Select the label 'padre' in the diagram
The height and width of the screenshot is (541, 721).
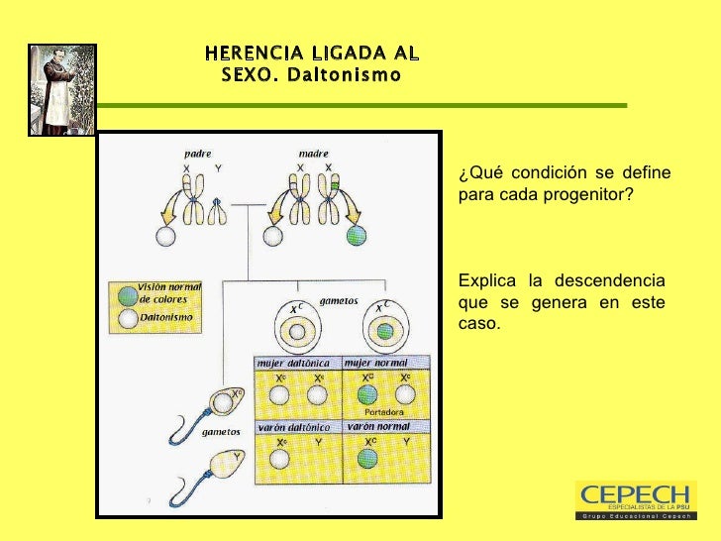(x=198, y=155)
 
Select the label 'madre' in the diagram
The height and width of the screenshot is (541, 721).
(x=313, y=155)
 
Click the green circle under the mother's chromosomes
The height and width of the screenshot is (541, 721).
(x=357, y=236)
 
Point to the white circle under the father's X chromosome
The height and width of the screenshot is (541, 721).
(x=165, y=236)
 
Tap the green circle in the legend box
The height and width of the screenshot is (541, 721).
(x=127, y=295)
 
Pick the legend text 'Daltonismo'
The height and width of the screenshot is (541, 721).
(x=165, y=317)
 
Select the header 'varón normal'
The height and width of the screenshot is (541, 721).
(x=378, y=426)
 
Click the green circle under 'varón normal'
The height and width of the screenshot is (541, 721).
(x=366, y=457)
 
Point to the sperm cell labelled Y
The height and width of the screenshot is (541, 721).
(x=223, y=467)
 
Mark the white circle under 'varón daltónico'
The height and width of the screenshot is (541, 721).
(x=280, y=457)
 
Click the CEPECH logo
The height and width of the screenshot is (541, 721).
(x=634, y=499)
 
